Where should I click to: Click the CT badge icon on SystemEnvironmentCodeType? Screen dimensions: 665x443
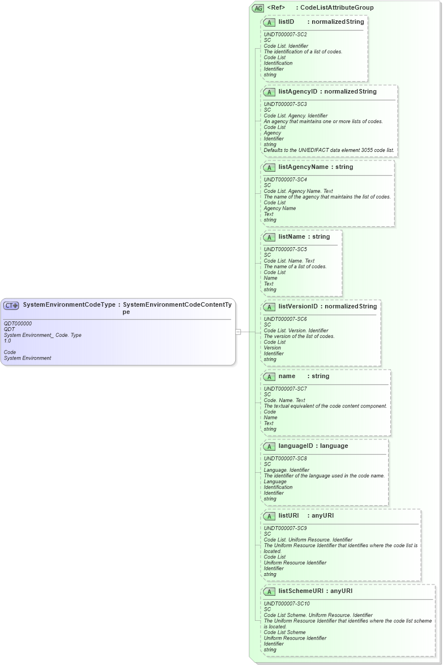(11, 305)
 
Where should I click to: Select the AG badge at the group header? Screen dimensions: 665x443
(258, 8)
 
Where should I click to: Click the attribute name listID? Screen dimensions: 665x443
(286, 22)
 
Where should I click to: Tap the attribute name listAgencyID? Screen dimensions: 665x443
(297, 92)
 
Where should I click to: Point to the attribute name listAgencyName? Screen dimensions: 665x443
(303, 167)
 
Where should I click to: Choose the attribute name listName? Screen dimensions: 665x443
(292, 237)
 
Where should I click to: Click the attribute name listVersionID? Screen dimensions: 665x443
(298, 307)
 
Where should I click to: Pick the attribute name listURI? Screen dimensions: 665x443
(288, 516)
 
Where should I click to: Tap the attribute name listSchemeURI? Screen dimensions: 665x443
(301, 591)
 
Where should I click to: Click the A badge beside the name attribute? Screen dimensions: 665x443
(270, 376)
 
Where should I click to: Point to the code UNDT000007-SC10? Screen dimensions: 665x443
(287, 604)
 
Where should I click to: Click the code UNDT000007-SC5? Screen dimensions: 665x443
(285, 249)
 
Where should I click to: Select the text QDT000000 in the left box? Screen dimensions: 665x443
(18, 323)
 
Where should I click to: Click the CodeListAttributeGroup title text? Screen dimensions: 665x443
(336, 8)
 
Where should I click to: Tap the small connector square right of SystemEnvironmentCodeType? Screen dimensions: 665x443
(238, 332)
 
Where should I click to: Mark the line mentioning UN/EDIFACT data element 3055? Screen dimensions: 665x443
(329, 150)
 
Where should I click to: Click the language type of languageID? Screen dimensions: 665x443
(334, 446)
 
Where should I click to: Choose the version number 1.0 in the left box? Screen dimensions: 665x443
(7, 341)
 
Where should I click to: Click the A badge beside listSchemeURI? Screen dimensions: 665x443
(270, 591)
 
